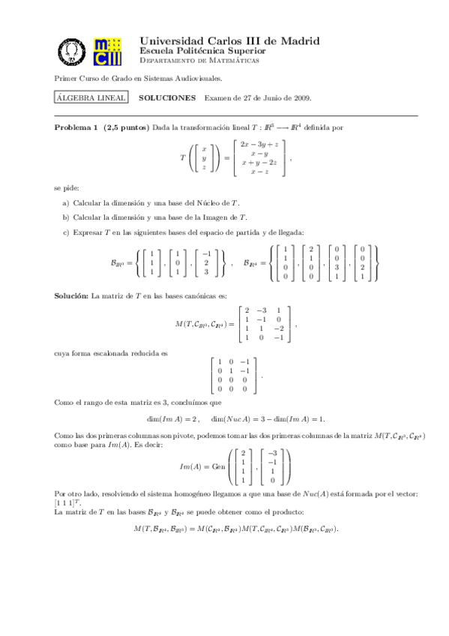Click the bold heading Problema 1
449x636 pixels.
point(76,127)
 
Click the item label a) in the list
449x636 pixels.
point(66,203)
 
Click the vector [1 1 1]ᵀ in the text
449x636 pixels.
point(65,503)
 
